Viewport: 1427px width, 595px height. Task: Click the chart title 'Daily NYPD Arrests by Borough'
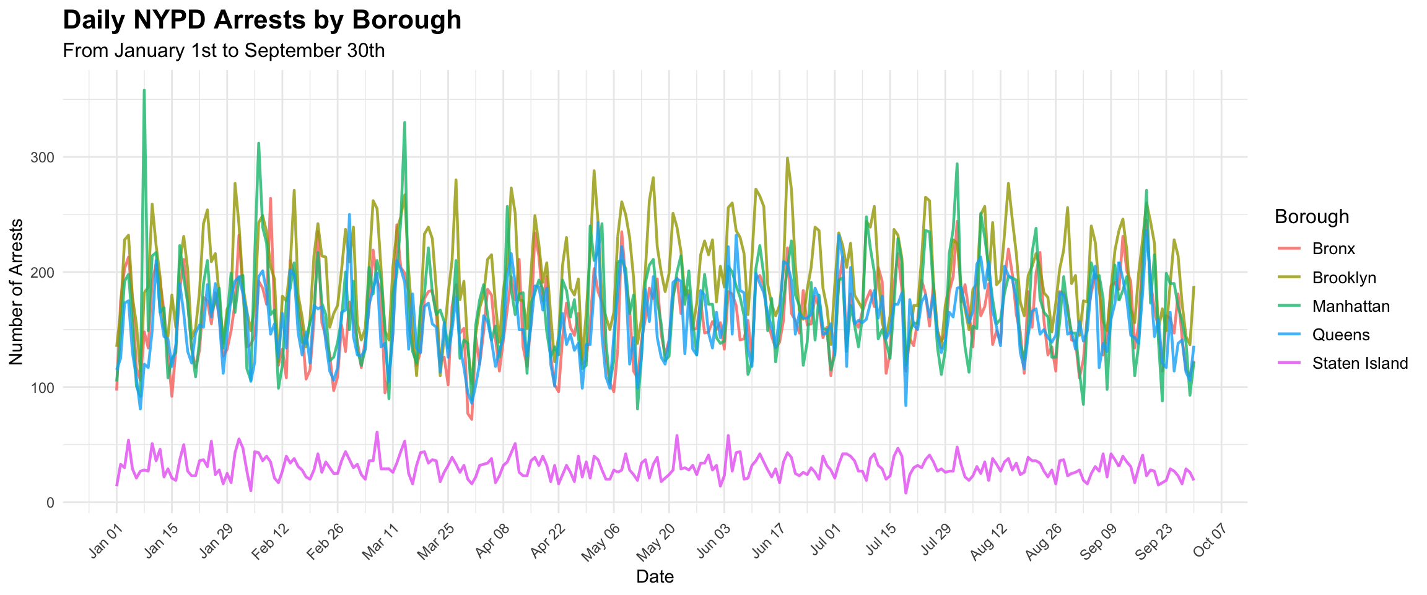tap(262, 20)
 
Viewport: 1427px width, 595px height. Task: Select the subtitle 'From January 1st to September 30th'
tap(224, 51)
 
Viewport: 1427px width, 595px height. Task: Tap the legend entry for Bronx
tap(1333, 249)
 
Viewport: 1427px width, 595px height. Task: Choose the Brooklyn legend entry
tap(1343, 278)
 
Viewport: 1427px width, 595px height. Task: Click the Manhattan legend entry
tap(1350, 306)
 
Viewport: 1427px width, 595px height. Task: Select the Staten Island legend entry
tap(1359, 363)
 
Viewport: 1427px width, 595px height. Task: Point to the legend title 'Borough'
tap(1312, 216)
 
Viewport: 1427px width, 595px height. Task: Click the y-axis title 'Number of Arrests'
tap(17, 291)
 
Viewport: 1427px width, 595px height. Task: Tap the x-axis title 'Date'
tap(655, 577)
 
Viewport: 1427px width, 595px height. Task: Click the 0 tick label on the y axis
tap(50, 503)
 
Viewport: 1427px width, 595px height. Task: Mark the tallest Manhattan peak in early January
tap(144, 90)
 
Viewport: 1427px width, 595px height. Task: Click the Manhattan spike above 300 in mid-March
tap(404, 123)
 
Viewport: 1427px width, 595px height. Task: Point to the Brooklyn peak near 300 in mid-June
tap(787, 158)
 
